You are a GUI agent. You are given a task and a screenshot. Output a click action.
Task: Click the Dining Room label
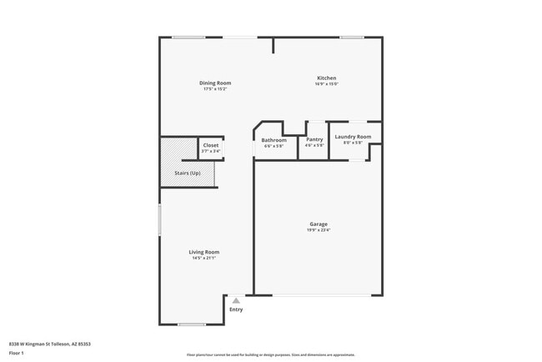coord(215,83)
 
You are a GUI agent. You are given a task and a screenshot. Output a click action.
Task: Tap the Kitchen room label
coord(326,78)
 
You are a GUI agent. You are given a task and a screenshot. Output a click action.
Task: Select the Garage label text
coord(319,224)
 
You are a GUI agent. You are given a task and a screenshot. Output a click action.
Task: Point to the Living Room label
coord(204,252)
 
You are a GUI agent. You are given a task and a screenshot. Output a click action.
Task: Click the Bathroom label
coord(274,140)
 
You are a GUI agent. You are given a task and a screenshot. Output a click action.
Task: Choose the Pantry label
coord(314,140)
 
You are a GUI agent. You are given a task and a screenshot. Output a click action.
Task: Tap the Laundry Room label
coord(353,136)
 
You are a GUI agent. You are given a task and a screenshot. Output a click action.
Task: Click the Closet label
coord(211,145)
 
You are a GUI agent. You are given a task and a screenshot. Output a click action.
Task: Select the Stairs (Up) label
coord(187,173)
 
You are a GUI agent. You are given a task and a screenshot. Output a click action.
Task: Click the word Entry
coord(237,309)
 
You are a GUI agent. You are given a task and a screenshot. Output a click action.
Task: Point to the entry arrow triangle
coord(236,300)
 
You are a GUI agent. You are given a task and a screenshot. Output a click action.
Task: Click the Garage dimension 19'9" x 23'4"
coord(319,230)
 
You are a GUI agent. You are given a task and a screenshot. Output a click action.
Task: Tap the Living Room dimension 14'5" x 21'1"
coord(204,259)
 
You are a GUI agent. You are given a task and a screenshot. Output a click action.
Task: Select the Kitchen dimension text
coord(326,84)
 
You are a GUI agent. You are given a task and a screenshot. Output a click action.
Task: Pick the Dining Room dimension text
coord(215,89)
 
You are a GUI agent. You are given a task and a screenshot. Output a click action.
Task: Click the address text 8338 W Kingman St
coord(49,344)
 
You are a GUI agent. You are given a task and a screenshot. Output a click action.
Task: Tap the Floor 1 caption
coord(17,354)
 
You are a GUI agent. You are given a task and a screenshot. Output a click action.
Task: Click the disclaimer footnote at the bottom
coord(270,354)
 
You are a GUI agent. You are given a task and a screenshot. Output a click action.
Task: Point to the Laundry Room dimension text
coord(353,143)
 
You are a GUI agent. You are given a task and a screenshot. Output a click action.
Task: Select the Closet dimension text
coord(211,152)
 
